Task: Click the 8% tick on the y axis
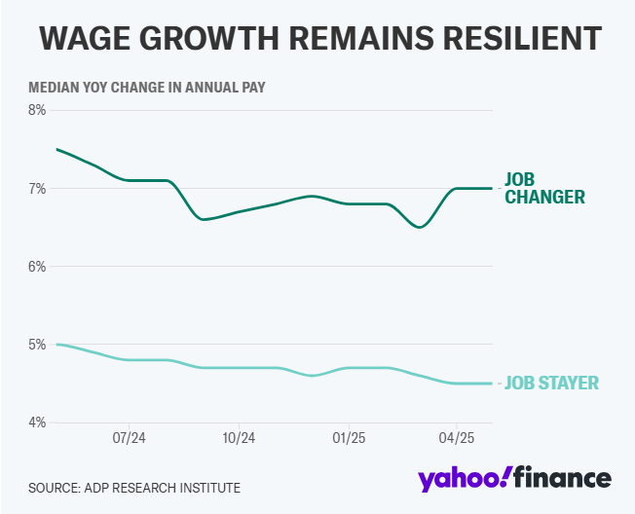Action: pyautogui.click(x=38, y=110)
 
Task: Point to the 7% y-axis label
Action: pyautogui.click(x=38, y=188)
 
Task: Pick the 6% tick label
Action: pyautogui.click(x=38, y=266)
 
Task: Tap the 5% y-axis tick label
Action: pyautogui.click(x=38, y=345)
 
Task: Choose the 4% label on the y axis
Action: pyautogui.click(x=38, y=422)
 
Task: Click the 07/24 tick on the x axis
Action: pyautogui.click(x=130, y=438)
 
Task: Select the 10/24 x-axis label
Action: pyautogui.click(x=239, y=438)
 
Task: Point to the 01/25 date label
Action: pyautogui.click(x=349, y=438)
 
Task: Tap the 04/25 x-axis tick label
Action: pyautogui.click(x=458, y=438)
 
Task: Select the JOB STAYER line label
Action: pyautogui.click(x=550, y=384)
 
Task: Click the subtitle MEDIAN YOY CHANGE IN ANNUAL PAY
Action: pyautogui.click(x=147, y=87)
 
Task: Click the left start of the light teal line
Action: pyautogui.click(x=56, y=344)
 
